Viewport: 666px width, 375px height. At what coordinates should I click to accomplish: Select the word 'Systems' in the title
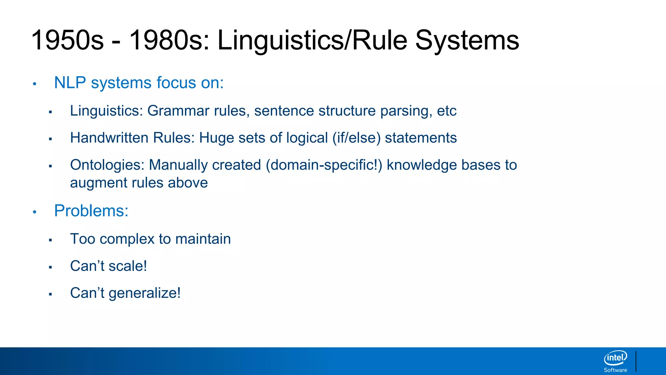tap(467, 40)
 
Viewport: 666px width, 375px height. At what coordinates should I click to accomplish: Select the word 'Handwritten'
tap(109, 138)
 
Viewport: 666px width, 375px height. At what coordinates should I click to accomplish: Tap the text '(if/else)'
tap(356, 138)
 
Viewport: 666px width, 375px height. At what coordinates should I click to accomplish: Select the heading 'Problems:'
tap(91, 211)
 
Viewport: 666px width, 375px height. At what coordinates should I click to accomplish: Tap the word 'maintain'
tap(203, 239)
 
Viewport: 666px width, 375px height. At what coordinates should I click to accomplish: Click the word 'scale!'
tap(128, 266)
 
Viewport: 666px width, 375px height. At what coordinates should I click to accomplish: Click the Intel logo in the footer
tap(615, 358)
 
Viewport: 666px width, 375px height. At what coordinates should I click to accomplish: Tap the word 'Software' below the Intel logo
tap(615, 370)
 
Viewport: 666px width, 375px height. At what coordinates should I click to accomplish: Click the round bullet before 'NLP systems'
tap(34, 84)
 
